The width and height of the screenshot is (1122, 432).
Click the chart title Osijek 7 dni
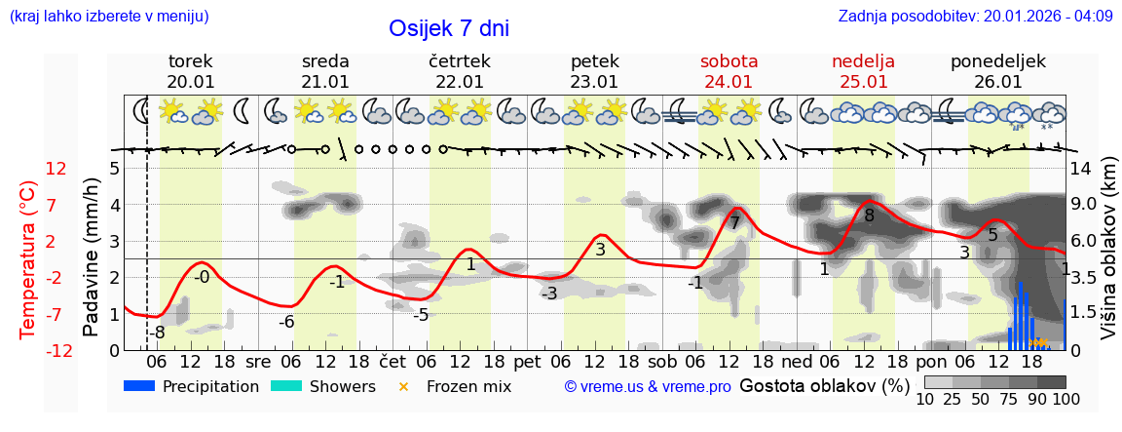tap(448, 28)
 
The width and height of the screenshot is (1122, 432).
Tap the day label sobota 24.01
tap(729, 71)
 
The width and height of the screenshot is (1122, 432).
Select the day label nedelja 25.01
tap(863, 71)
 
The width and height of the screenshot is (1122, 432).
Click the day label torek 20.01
tap(191, 71)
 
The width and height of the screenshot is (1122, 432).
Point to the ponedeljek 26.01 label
tap(997, 71)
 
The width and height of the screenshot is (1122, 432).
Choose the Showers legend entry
tap(322, 386)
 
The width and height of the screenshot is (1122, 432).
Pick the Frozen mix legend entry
tap(458, 386)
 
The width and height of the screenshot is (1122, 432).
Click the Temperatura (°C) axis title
tap(28, 259)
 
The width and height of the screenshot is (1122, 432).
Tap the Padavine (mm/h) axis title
tap(91, 258)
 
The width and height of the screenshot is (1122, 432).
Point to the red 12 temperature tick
tap(56, 169)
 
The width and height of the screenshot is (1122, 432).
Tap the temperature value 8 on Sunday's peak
tap(869, 216)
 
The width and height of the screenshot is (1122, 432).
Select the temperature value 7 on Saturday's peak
tap(734, 223)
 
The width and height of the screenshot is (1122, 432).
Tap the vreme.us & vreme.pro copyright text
tap(648, 387)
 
